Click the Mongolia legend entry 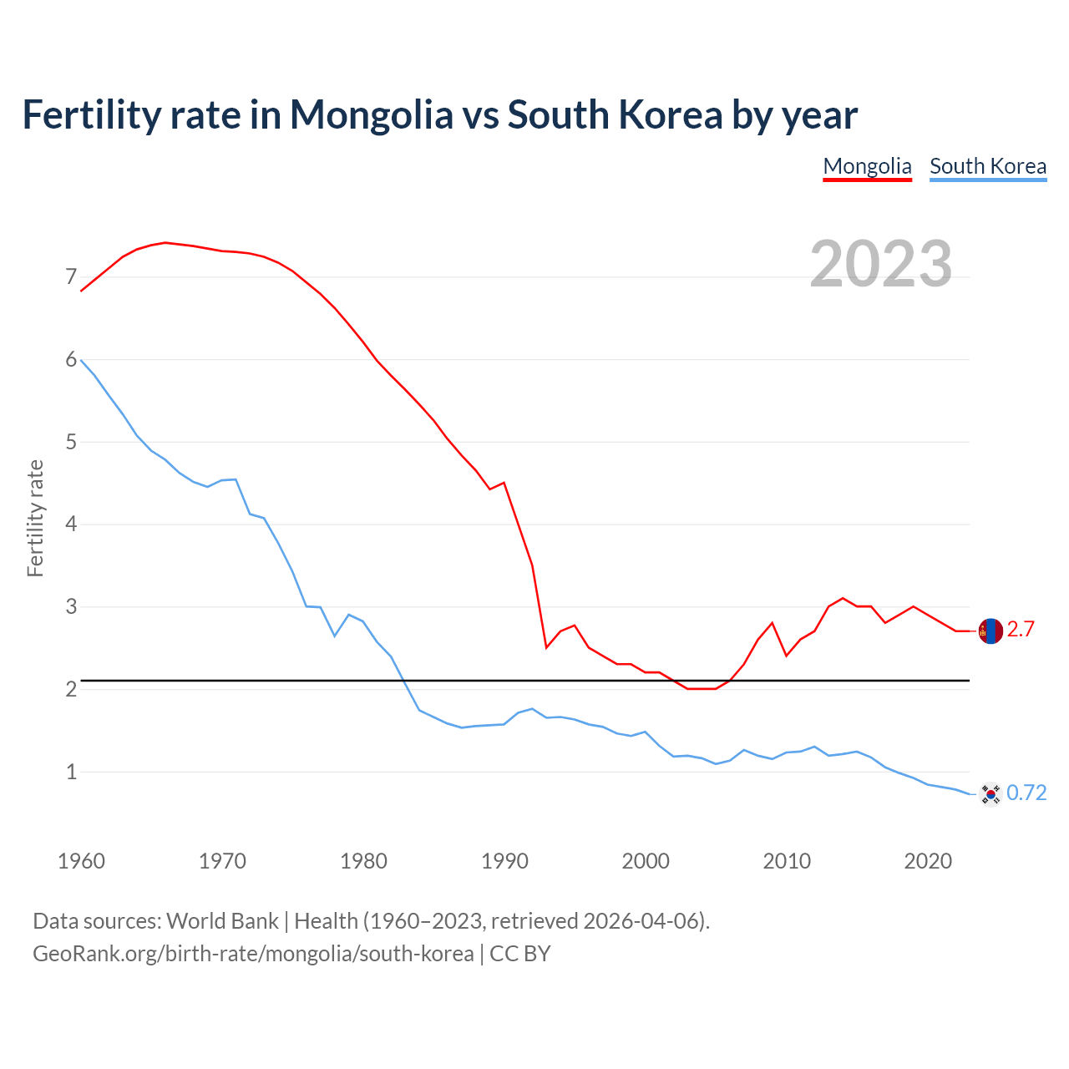click(867, 166)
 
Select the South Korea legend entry click(988, 166)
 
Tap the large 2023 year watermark click(881, 264)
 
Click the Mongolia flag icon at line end click(990, 631)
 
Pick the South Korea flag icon click(990, 793)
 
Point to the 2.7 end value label click(1021, 630)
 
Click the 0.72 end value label click(1026, 793)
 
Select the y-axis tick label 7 click(71, 276)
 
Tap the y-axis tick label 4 click(71, 524)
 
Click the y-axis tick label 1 click(71, 772)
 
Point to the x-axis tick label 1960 click(81, 861)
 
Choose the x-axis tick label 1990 click(504, 861)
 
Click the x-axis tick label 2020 click(928, 861)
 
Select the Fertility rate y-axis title click(35, 518)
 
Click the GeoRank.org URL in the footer click(253, 954)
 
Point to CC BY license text click(520, 954)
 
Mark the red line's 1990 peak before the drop click(504, 483)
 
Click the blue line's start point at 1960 click(81, 360)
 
